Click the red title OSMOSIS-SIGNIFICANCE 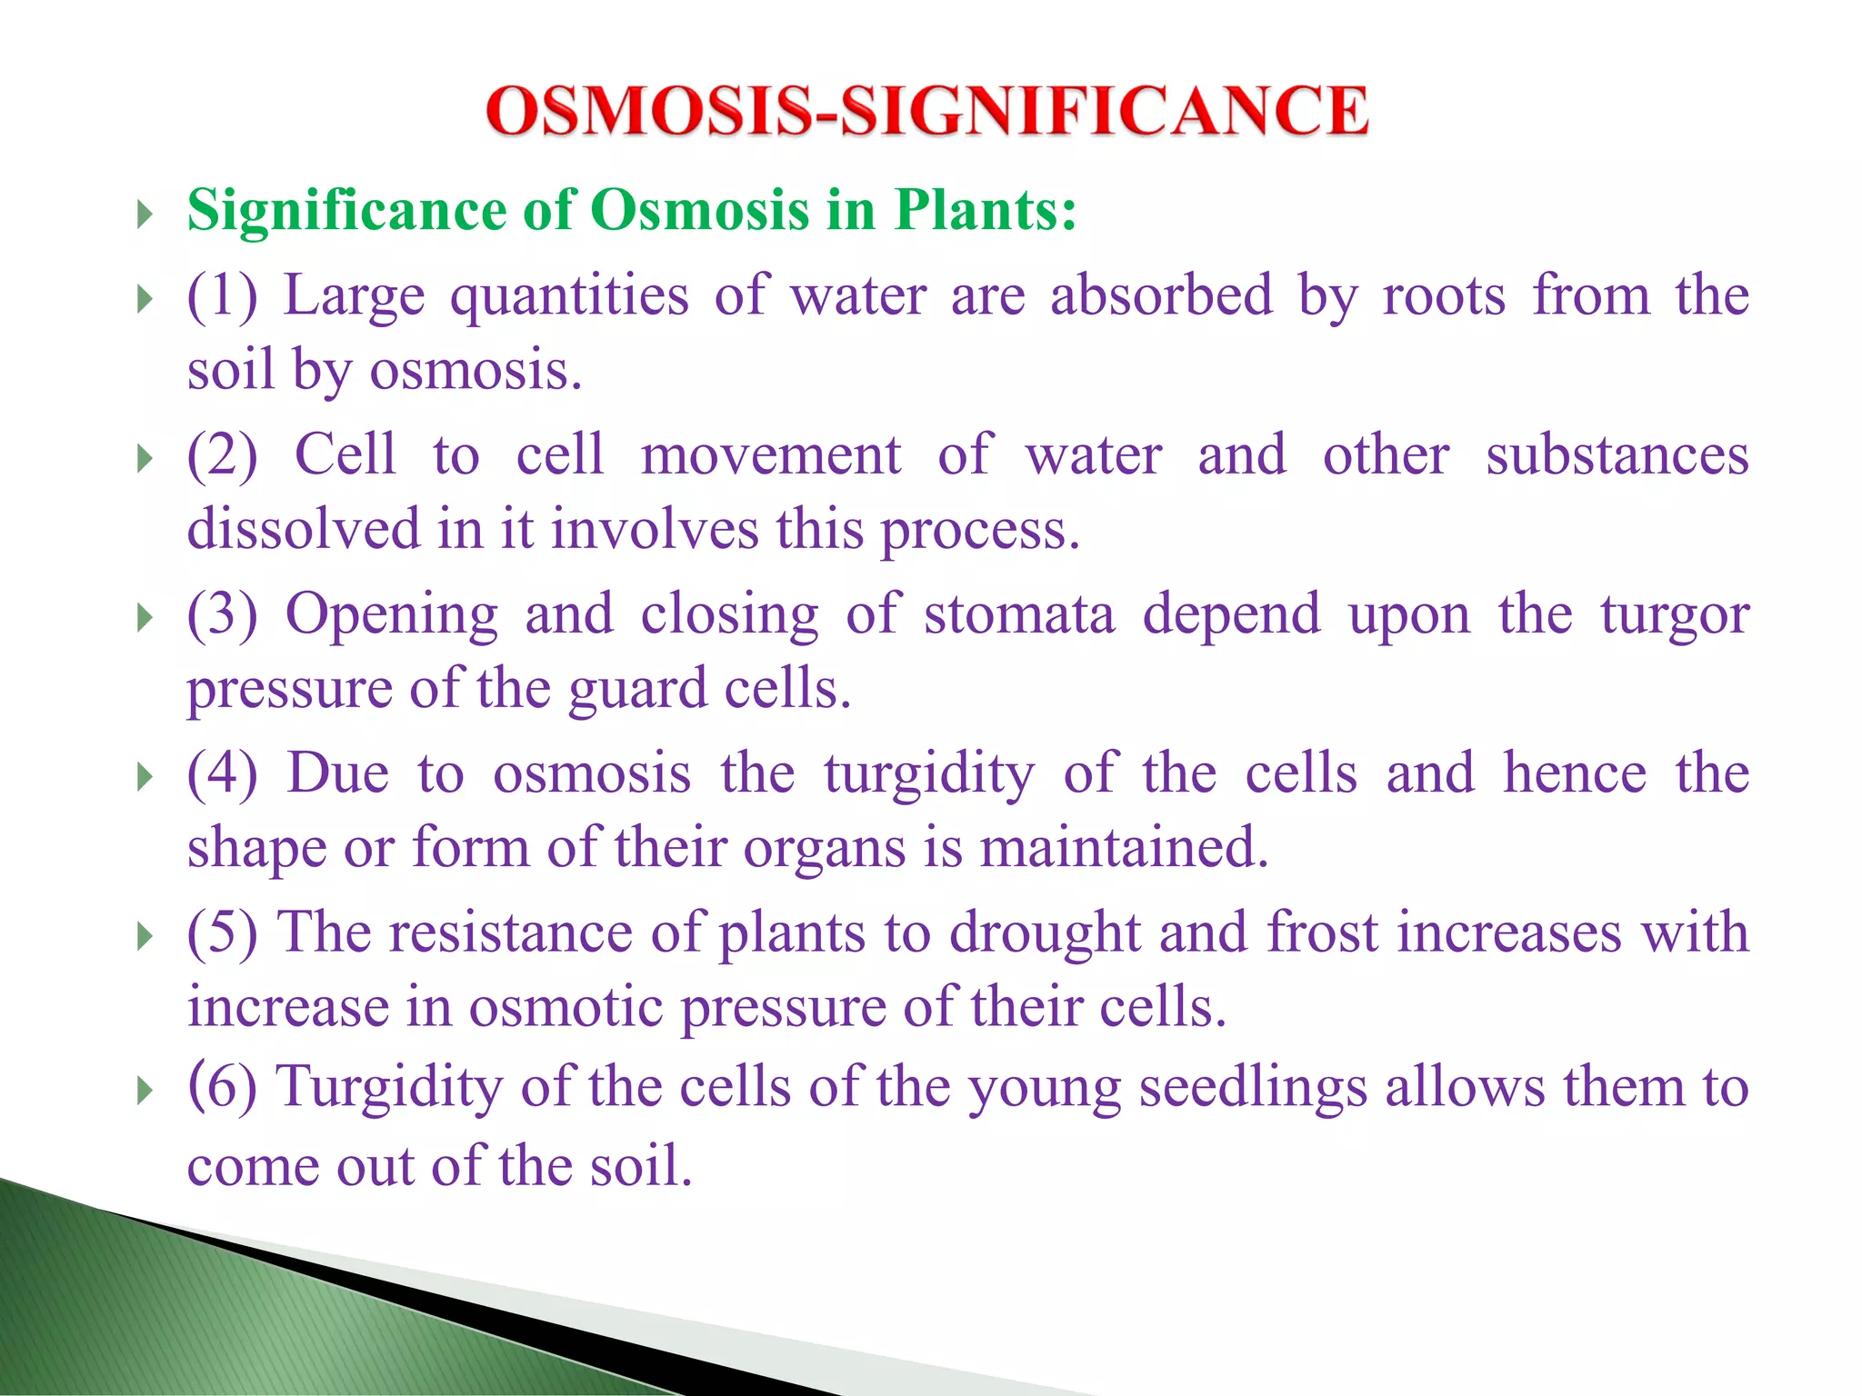926,111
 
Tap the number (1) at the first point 222,296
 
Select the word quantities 569,297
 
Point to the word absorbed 1161,295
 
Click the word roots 1444,297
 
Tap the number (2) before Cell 222,455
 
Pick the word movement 771,455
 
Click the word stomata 1019,614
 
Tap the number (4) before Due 222,773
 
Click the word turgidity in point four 929,775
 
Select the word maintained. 1124,848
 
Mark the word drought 1045,934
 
